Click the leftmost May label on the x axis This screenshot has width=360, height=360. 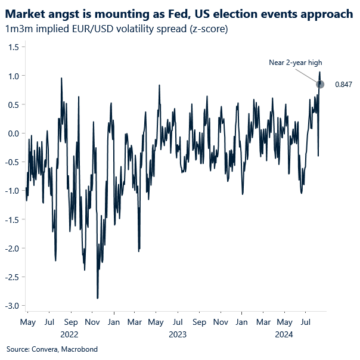[28, 322]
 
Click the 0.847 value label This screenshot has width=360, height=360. [343, 85]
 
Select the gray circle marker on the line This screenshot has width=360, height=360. [320, 84]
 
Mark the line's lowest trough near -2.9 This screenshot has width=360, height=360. [97, 297]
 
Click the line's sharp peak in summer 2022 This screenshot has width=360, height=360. [61, 78]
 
